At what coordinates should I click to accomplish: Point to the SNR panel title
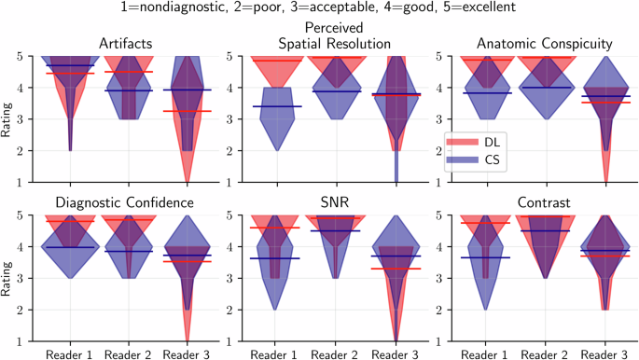click(332, 202)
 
